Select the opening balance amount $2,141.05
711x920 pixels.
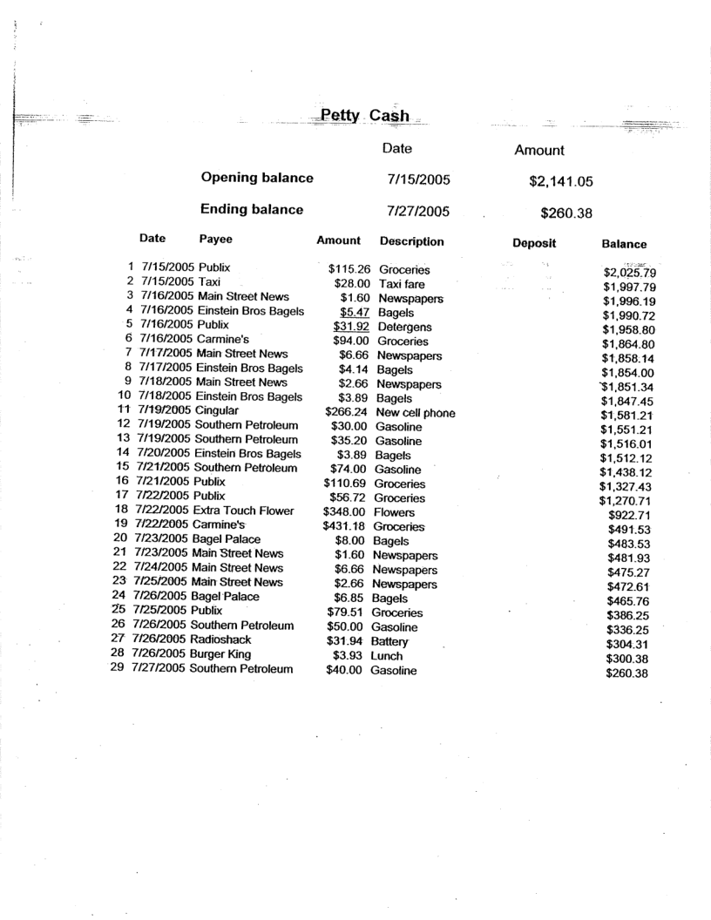(556, 181)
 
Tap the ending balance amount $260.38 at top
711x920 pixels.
(566, 211)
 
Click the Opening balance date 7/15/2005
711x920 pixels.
(418, 179)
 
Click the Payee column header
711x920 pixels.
(216, 240)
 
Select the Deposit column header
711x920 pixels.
(534, 243)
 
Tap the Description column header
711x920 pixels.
(412, 240)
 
